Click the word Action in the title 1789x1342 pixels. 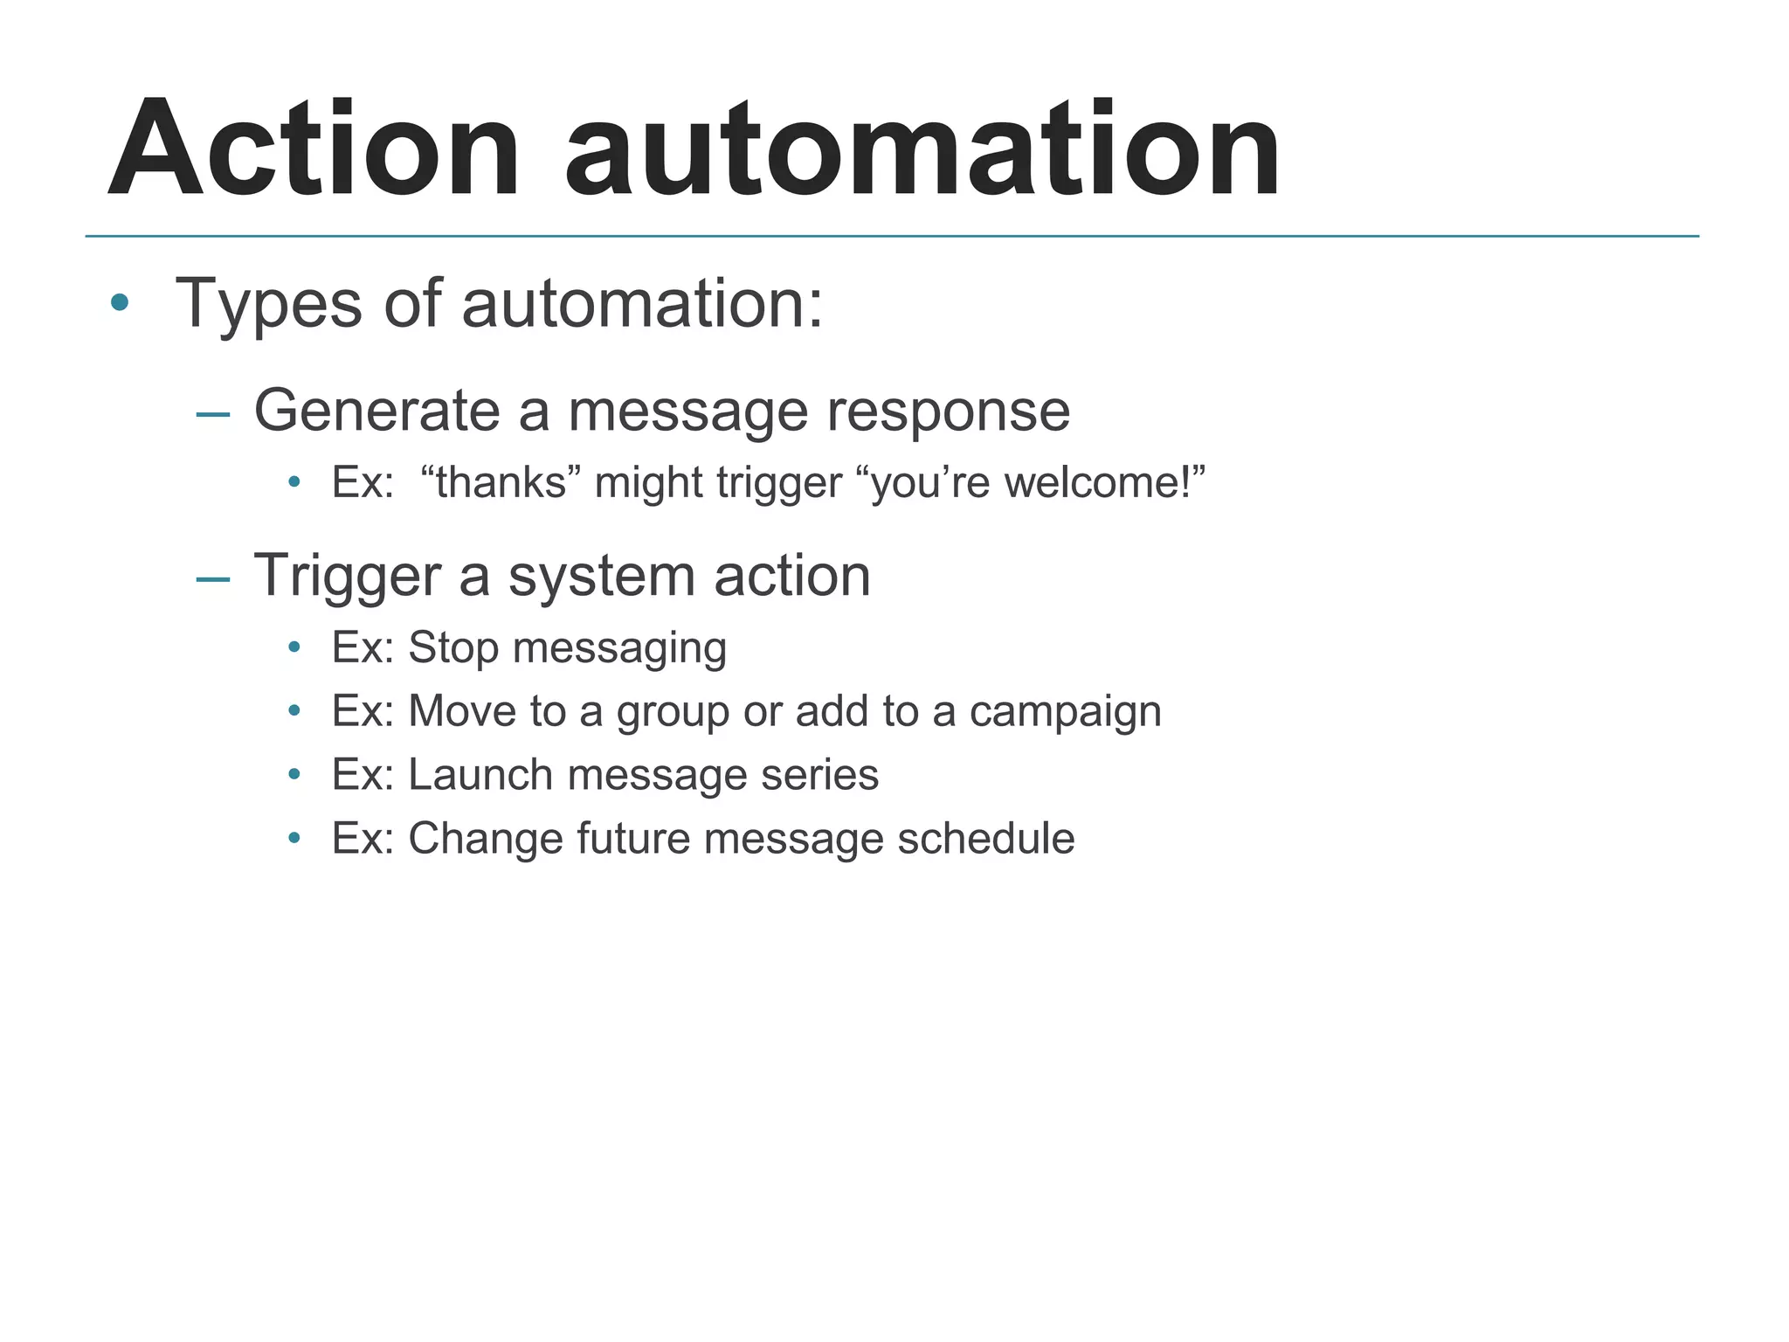314,150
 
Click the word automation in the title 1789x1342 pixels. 922,150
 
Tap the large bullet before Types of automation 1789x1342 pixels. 120,304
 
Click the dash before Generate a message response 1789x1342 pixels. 213,413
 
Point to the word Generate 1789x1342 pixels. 376,411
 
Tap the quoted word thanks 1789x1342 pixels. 501,482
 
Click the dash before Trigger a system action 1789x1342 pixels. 213,578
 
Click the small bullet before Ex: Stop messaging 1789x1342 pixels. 294,647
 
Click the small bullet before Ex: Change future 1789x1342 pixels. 294,839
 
